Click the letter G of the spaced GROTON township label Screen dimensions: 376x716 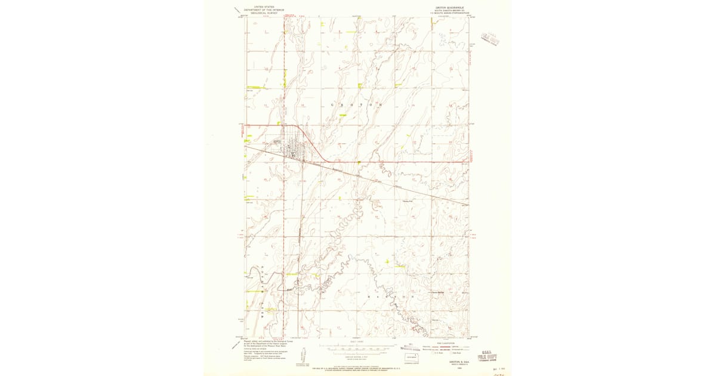[332, 104]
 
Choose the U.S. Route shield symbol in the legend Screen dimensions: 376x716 [433, 352]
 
